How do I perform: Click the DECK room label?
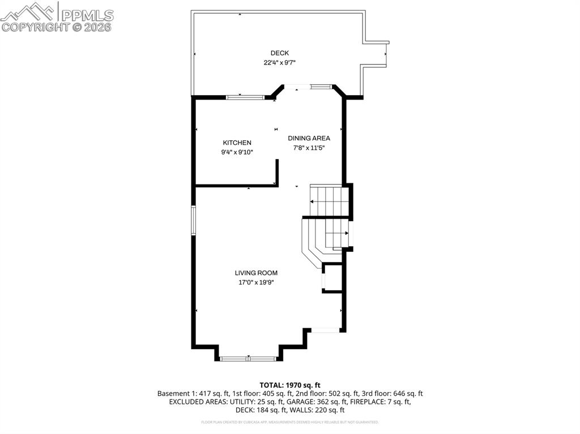[x=279, y=53]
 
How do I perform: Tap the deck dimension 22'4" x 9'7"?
[x=279, y=63]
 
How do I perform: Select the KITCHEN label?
[x=237, y=143]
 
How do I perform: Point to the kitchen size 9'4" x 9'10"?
[x=237, y=152]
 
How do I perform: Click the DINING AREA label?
[x=309, y=138]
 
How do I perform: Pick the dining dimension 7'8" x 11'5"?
[x=309, y=148]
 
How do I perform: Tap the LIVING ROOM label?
[x=256, y=273]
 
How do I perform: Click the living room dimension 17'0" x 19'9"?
[x=256, y=282]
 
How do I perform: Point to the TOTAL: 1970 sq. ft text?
[x=289, y=385]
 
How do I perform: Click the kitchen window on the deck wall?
[x=245, y=97]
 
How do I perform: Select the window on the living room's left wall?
[x=193, y=221]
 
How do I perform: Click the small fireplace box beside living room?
[x=332, y=277]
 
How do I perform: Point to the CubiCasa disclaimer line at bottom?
[x=289, y=422]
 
